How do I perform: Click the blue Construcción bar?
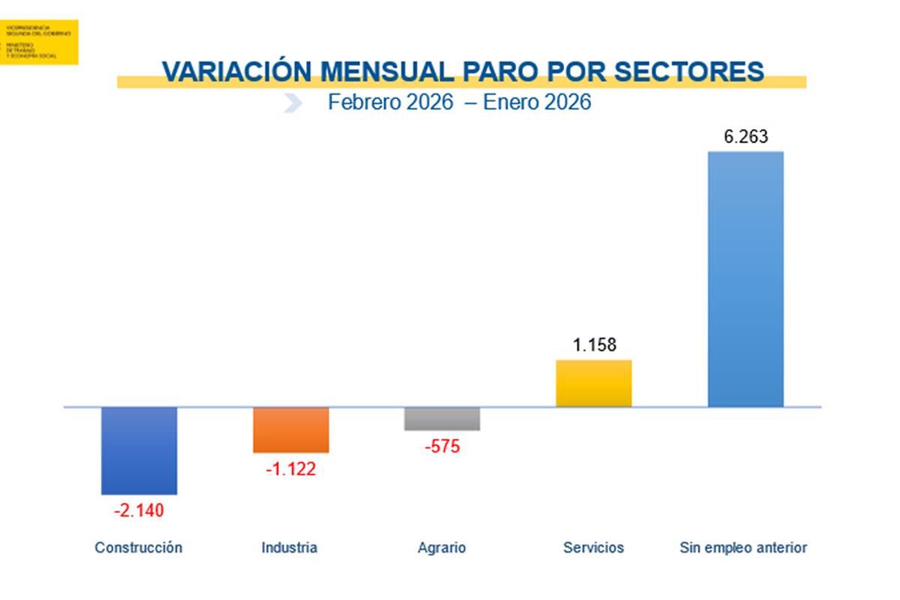click(x=139, y=451)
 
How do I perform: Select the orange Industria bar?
click(x=291, y=430)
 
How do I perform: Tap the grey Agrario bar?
click(x=442, y=418)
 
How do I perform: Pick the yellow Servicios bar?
click(x=593, y=383)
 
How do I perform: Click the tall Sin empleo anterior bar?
click(x=745, y=279)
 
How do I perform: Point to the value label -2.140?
click(x=139, y=511)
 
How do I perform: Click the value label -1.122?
click(x=291, y=470)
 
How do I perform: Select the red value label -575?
click(x=442, y=448)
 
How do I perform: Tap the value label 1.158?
click(x=594, y=346)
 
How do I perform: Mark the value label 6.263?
click(x=745, y=138)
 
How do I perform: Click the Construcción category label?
click(x=139, y=547)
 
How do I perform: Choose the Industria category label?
click(x=289, y=547)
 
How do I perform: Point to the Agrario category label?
click(x=442, y=547)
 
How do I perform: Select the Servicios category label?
click(x=593, y=547)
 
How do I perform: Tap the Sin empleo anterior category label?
click(x=743, y=547)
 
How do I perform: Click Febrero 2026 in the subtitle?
click(x=390, y=102)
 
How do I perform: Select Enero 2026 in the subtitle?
click(x=537, y=102)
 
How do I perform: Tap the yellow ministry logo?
click(x=38, y=42)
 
